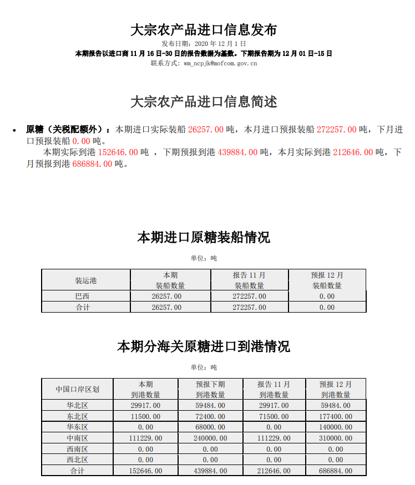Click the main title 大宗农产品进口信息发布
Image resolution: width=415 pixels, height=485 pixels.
pyautogui.click(x=204, y=29)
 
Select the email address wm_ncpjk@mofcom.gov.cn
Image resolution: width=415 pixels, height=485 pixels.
pyautogui.click(x=220, y=63)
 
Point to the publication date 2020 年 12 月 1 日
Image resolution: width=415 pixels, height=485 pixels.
pyautogui.click(x=220, y=43)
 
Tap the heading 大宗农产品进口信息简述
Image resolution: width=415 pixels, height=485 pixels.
pyautogui.click(x=204, y=102)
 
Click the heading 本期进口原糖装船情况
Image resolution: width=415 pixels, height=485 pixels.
pyautogui.click(x=204, y=238)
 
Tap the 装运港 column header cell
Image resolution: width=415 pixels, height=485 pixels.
pyautogui.click(x=86, y=280)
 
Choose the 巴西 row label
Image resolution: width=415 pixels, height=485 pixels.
pyautogui.click(x=83, y=297)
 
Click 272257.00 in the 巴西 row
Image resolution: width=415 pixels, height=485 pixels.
pyautogui.click(x=249, y=297)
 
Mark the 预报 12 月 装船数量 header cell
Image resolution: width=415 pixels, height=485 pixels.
pyautogui.click(x=327, y=280)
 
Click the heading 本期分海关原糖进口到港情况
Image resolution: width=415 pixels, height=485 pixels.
pyautogui.click(x=204, y=347)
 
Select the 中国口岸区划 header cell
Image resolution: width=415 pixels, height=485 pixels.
pyautogui.click(x=77, y=389)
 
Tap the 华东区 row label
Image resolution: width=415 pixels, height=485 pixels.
pyautogui.click(x=77, y=427)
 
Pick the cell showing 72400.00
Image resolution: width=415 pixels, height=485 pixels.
pyautogui.click(x=210, y=416)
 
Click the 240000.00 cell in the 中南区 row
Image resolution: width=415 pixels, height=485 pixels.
pyautogui.click(x=210, y=438)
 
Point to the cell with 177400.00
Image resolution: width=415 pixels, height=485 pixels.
pyautogui.click(x=336, y=416)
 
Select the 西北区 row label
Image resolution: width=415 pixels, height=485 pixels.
pyautogui.click(x=77, y=460)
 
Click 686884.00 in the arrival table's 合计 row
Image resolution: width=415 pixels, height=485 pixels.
pyautogui.click(x=336, y=471)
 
